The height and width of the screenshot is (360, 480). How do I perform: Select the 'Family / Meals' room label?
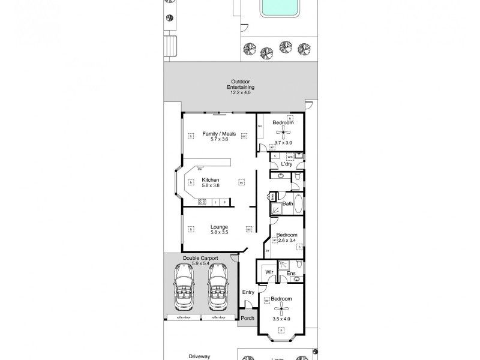pos(218,133)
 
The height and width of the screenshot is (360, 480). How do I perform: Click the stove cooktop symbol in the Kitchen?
pos(202,202)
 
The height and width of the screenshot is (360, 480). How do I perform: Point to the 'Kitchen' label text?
pos(210,180)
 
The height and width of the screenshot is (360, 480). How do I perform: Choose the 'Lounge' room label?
pos(218,226)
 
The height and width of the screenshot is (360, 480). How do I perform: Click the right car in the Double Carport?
pos(218,286)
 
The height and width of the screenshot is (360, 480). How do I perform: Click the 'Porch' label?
pos(248,319)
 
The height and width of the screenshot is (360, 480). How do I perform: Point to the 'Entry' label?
pos(248,292)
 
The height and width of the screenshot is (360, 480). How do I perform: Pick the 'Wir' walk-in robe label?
pos(269,273)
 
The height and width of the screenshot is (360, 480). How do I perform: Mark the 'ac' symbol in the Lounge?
pos(248,229)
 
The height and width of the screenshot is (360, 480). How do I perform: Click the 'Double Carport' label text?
pos(200,258)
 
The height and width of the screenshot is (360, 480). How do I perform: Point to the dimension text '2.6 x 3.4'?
pos(287,241)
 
